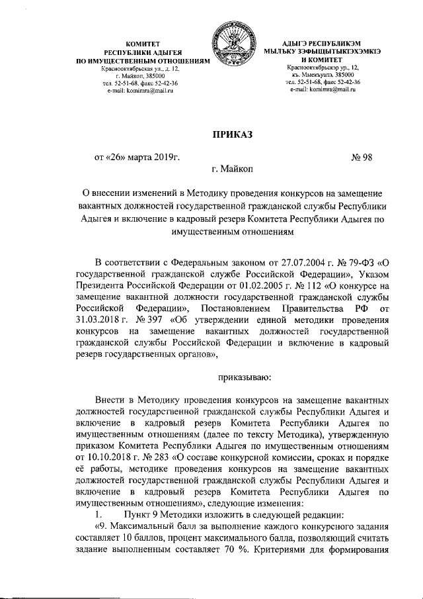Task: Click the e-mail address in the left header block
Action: (x=139, y=90)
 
